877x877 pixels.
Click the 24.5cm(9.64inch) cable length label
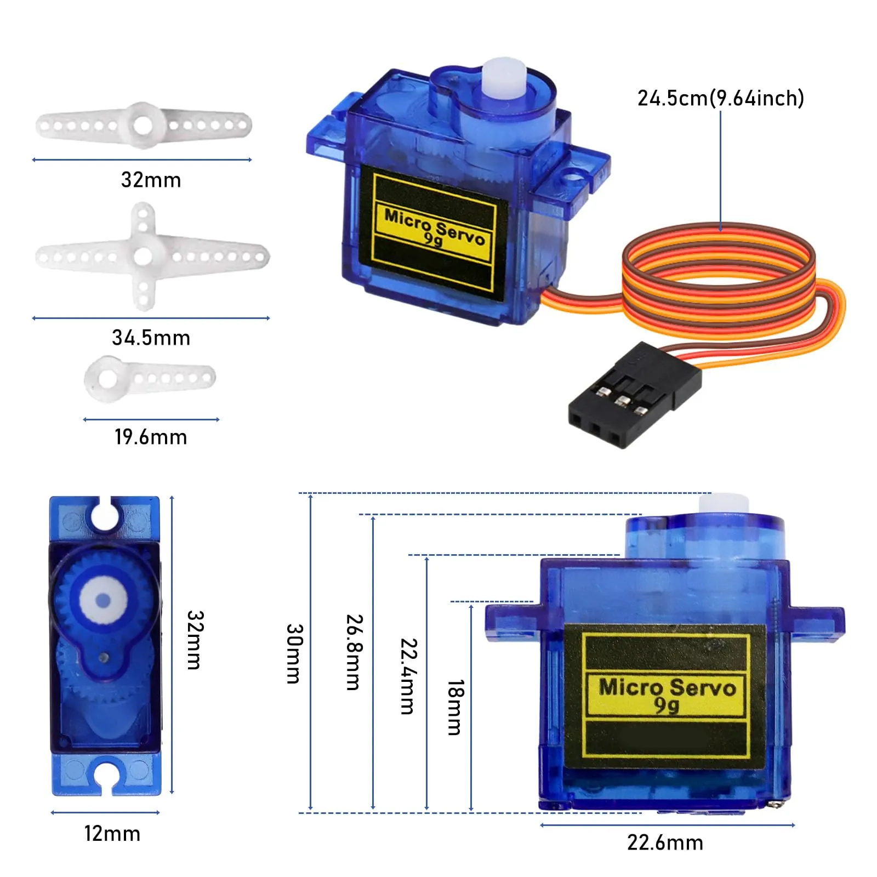click(x=720, y=99)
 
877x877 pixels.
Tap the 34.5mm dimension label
click(x=151, y=338)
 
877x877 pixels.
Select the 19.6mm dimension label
click(x=151, y=437)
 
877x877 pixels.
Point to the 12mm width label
click(x=112, y=834)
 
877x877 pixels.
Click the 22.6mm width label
click(x=665, y=842)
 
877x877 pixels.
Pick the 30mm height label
click(x=294, y=653)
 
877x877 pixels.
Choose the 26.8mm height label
click(x=354, y=652)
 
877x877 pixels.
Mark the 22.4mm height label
click(x=408, y=676)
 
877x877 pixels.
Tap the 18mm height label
click(x=455, y=707)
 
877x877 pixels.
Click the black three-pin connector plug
click(x=634, y=396)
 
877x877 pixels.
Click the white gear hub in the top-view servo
click(x=103, y=601)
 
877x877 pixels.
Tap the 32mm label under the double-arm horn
click(x=151, y=180)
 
